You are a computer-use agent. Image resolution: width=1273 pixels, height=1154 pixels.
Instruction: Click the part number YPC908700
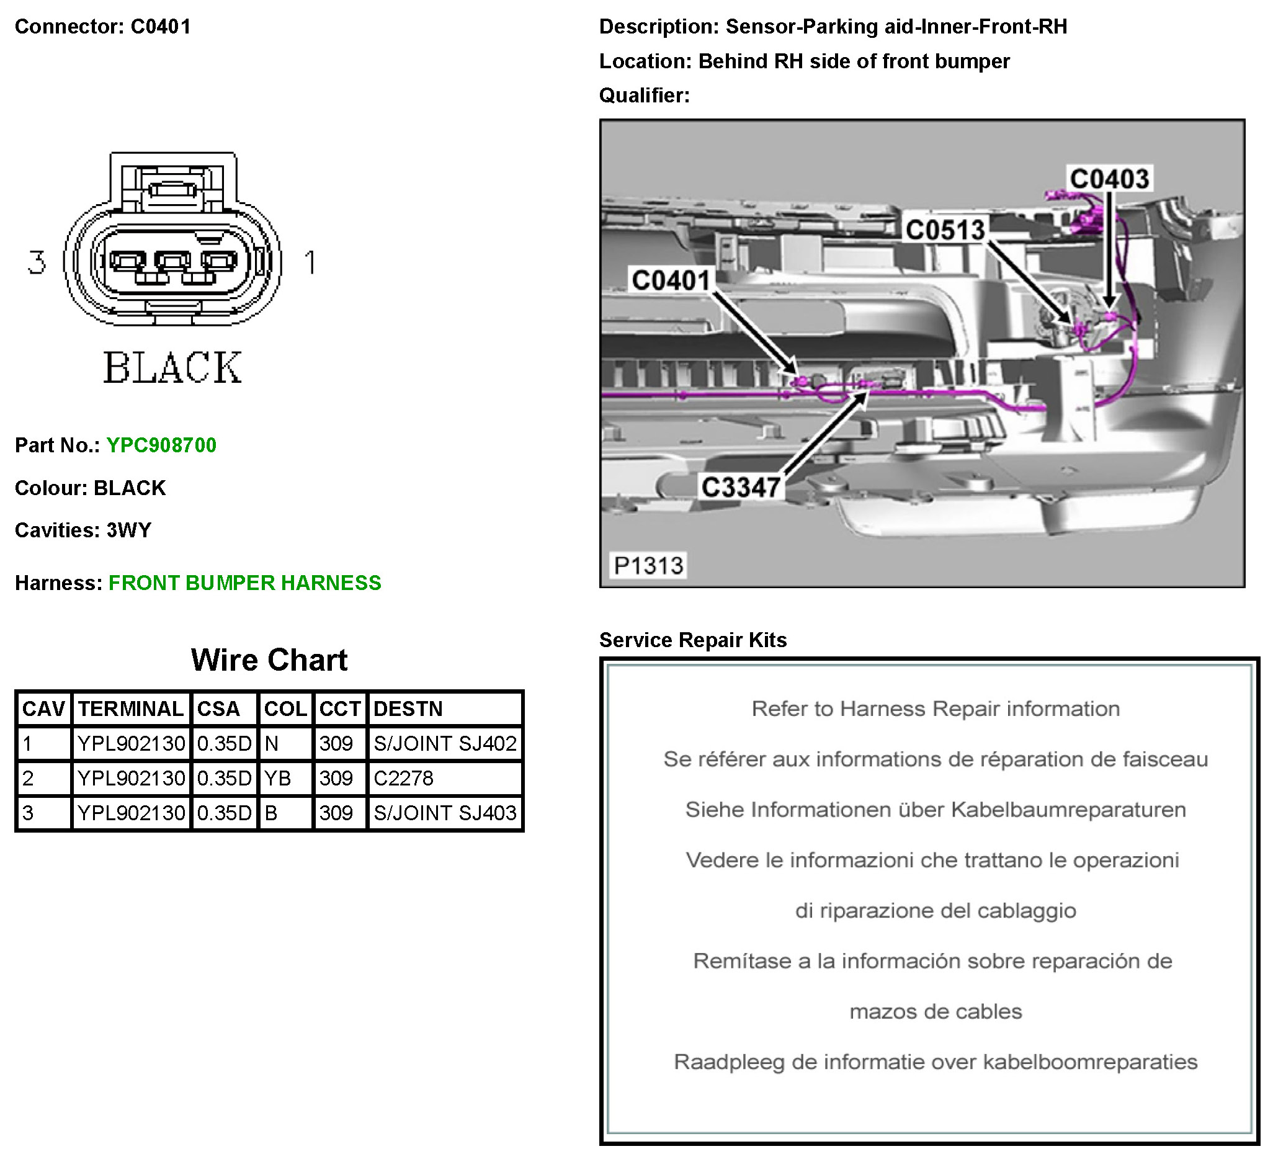(161, 445)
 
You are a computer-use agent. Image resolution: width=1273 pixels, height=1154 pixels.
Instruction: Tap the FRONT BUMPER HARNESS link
(244, 583)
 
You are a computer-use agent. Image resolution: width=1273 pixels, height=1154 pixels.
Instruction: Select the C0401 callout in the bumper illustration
(671, 280)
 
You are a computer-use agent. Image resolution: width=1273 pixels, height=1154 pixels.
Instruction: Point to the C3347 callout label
(741, 487)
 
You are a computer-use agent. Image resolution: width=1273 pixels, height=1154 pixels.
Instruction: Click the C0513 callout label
(945, 230)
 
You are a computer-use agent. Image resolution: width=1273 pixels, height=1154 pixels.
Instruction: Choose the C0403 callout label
(1109, 179)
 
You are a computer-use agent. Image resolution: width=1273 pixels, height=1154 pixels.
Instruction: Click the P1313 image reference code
(648, 565)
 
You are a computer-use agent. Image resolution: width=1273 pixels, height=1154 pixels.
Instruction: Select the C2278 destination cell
(403, 778)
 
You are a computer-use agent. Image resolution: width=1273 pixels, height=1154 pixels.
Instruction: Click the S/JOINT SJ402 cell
(445, 743)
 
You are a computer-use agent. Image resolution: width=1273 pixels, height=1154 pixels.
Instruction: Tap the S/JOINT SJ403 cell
(445, 813)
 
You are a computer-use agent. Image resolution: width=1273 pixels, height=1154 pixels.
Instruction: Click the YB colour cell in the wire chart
(277, 778)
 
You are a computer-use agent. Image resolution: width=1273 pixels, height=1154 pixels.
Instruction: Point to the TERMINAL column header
(131, 709)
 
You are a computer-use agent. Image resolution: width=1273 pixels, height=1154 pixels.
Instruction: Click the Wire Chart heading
(269, 660)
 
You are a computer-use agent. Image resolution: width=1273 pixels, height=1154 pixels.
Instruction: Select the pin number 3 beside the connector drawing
(37, 262)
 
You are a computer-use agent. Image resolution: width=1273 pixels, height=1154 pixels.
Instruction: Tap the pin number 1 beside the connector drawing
(310, 262)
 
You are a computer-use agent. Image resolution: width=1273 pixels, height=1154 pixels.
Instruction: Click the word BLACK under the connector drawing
(172, 368)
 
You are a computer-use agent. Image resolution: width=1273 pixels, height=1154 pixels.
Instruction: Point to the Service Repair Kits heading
(693, 640)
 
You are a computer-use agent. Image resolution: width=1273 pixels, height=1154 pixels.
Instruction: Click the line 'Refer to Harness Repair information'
(935, 709)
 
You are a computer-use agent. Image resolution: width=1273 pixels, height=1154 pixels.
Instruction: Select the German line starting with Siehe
(935, 810)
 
